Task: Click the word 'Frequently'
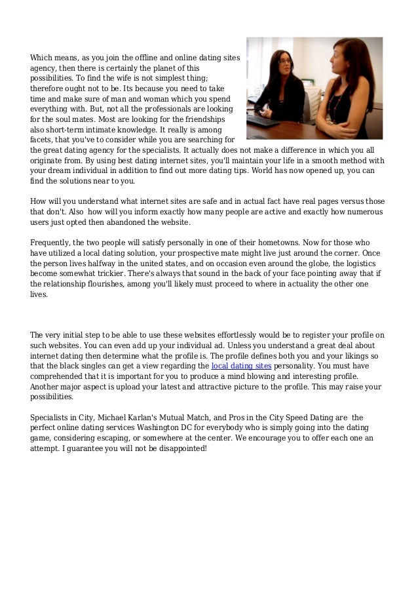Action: [50, 242]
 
